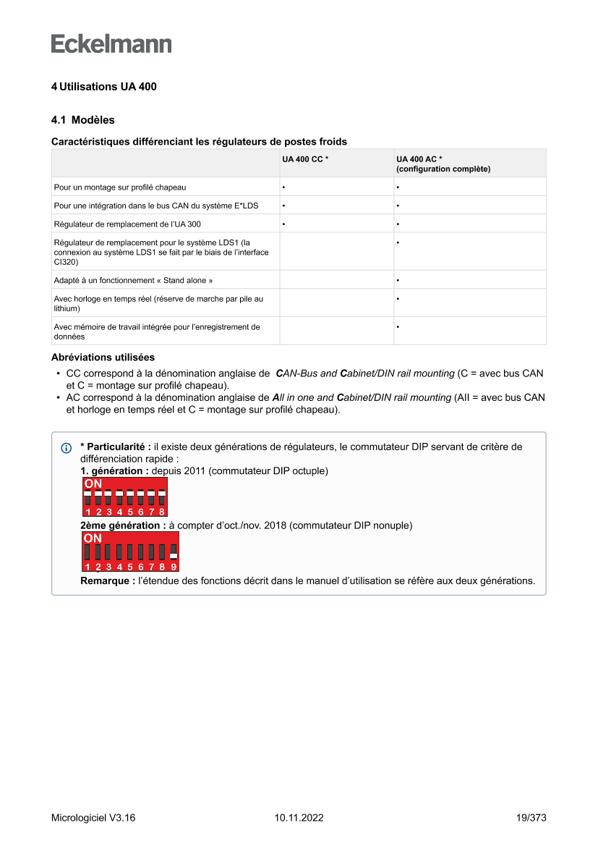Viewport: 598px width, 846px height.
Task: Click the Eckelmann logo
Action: (111, 43)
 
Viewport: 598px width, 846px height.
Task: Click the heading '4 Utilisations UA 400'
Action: (103, 87)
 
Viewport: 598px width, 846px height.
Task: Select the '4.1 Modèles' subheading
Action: (82, 120)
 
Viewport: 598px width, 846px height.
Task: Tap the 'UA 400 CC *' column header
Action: (305, 159)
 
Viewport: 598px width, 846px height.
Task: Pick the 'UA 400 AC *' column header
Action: (419, 159)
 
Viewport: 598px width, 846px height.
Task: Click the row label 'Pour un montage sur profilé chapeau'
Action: (120, 187)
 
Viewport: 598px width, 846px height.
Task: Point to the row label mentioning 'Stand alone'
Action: (133, 280)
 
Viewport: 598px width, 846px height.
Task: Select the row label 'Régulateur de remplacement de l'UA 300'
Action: (127, 224)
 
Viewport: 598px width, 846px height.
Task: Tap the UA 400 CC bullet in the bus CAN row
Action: (283, 206)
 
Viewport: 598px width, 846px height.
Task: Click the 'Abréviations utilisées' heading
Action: (103, 358)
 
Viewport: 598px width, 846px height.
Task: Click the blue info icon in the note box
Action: (67, 448)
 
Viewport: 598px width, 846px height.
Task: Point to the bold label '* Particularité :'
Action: (116, 447)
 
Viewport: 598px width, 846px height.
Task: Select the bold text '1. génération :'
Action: (114, 471)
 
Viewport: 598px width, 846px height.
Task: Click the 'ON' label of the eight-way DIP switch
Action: (93, 483)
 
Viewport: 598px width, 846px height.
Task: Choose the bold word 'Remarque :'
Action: (107, 580)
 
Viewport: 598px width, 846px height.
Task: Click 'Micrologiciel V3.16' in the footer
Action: (93, 818)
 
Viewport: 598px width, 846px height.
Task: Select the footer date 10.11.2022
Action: (299, 818)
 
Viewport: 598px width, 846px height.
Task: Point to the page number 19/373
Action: (531, 818)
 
